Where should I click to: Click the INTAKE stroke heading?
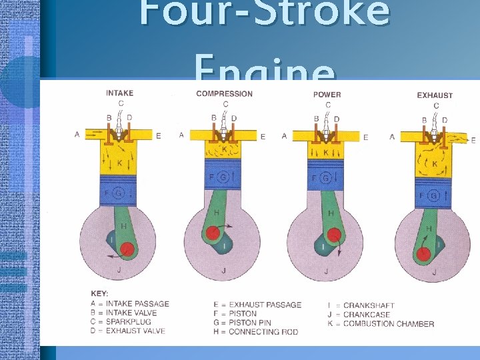[119, 93]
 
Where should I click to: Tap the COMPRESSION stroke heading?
[224, 94]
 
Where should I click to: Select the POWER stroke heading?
[327, 95]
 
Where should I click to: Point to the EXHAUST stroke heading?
[435, 95]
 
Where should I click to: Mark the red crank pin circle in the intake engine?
[127, 249]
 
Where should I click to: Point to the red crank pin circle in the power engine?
[333, 235]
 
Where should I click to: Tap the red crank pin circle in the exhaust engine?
[422, 254]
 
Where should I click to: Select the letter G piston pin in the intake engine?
[119, 193]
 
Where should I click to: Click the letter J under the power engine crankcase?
[326, 271]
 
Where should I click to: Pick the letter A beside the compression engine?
[181, 135]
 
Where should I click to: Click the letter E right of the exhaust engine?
[473, 140]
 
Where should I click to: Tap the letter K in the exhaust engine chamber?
[435, 163]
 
